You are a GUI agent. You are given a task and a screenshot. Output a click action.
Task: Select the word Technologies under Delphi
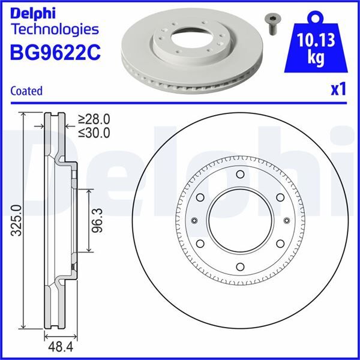pyautogui.click(x=55, y=29)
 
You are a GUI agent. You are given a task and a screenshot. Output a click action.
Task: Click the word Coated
pyautogui.click(x=26, y=91)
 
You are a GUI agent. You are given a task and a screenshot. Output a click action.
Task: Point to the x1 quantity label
pyautogui.click(x=339, y=90)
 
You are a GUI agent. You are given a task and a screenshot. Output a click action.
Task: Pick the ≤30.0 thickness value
pyautogui.click(x=94, y=133)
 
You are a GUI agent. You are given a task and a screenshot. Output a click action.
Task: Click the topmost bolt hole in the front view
pyautogui.click(x=239, y=175)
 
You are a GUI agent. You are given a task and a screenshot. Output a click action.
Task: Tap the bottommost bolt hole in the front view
pyautogui.click(x=239, y=267)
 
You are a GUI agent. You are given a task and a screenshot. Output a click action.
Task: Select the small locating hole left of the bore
pyautogui.click(x=193, y=221)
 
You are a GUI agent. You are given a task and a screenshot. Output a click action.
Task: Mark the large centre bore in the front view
pyautogui.click(x=239, y=221)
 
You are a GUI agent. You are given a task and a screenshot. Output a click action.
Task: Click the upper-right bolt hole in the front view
pyautogui.click(x=280, y=198)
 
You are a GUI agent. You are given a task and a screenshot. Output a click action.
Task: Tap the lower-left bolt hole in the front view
pyautogui.click(x=199, y=244)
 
